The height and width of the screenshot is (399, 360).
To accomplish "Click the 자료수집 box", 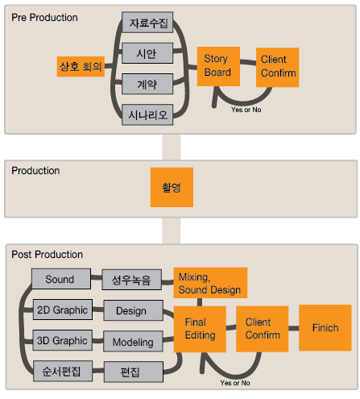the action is [147, 23].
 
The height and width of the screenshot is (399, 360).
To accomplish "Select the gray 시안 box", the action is [147, 53].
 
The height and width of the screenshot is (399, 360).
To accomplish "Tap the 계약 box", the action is [147, 84].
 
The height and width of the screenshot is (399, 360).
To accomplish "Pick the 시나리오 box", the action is [147, 114].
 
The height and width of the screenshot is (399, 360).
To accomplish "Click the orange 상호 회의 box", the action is [81, 67].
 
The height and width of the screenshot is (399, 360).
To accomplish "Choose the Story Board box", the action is [218, 67].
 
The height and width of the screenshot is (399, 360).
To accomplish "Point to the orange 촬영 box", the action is [172, 187].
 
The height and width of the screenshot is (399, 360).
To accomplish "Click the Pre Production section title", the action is [44, 18].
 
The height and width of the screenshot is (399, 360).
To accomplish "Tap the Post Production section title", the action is [48, 255].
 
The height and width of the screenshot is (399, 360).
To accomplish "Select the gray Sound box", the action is [61, 279].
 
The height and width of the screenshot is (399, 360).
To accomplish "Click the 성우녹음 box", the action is [132, 280].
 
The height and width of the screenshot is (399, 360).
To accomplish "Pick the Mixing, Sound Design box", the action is [210, 283].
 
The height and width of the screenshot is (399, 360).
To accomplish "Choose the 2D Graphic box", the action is [63, 310].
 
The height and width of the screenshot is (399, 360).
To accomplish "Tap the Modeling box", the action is [133, 342].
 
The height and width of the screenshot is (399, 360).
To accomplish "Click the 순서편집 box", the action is [63, 371].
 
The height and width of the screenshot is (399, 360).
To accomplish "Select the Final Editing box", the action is [200, 329].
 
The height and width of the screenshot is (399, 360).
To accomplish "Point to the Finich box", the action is [325, 328].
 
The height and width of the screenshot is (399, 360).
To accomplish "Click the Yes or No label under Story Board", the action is [246, 110].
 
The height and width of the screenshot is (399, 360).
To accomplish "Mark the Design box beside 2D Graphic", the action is [134, 310].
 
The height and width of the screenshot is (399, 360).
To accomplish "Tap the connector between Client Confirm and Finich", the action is [294, 328].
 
